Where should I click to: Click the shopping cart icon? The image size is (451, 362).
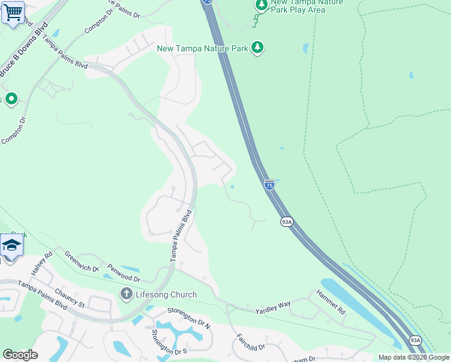(13, 12)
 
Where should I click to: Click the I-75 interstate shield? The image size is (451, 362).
(270, 185)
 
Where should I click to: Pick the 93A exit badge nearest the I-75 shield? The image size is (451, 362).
(286, 222)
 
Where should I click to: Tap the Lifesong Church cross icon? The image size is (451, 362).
(126, 294)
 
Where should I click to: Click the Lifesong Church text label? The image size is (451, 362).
(166, 294)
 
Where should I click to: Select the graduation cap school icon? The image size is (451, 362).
(11, 246)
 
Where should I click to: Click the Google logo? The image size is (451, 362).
(20, 355)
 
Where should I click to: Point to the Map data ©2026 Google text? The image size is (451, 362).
(413, 357)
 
